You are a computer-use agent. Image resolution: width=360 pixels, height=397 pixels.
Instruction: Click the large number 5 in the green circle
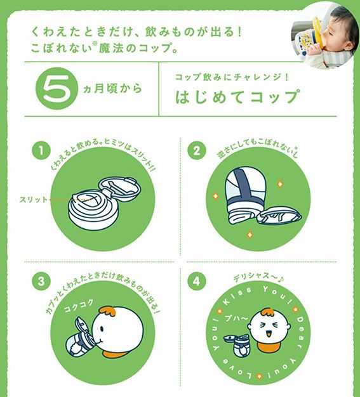coord(57,88)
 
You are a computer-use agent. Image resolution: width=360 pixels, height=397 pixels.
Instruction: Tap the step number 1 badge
coord(41,151)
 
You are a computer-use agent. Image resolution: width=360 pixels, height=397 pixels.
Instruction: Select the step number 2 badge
coord(196,151)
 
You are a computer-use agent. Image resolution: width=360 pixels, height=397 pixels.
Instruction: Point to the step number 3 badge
coord(41,281)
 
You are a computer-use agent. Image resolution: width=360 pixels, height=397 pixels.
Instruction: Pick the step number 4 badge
coord(196,281)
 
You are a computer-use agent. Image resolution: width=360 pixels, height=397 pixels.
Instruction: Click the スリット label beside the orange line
coord(34,200)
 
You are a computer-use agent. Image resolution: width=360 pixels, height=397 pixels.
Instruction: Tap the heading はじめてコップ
coord(237,96)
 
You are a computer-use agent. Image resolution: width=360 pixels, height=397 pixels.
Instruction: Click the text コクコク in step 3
coord(79,306)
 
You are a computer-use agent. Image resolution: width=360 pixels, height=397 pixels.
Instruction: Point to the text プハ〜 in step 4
coord(236,318)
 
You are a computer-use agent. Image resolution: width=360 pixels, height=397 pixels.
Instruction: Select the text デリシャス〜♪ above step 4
coord(258,277)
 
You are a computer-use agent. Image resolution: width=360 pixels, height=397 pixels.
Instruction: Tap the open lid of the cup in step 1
coord(119,189)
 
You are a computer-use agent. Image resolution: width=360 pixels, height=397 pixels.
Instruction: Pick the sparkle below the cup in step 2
coord(250,235)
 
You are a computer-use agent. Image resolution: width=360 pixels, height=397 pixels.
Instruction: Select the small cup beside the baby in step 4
coord(237,345)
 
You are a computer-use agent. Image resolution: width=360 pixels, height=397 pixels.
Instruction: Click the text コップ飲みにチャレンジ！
coord(232,77)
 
